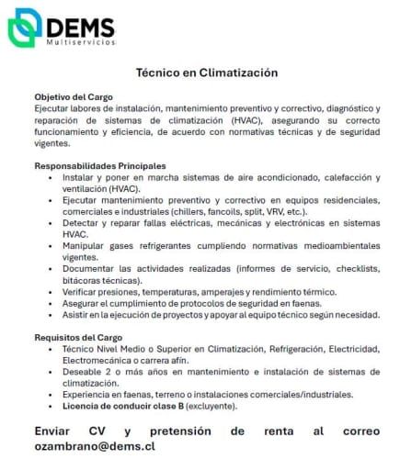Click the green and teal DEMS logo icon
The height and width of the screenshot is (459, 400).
click(x=26, y=28)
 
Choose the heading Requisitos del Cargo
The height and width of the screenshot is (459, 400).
click(x=77, y=337)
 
